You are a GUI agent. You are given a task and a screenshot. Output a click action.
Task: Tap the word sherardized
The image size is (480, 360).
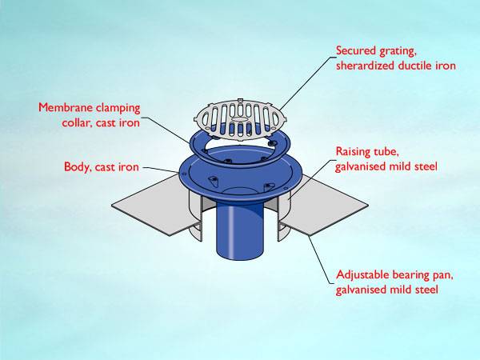coord(366,66)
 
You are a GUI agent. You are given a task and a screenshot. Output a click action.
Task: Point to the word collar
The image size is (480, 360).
coord(77,123)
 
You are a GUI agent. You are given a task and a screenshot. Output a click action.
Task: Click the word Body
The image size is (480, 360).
coord(78,167)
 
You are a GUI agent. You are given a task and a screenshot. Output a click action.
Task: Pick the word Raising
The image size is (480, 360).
coord(354,152)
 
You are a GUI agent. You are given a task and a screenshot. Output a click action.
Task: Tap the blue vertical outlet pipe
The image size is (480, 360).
coord(240,240)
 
